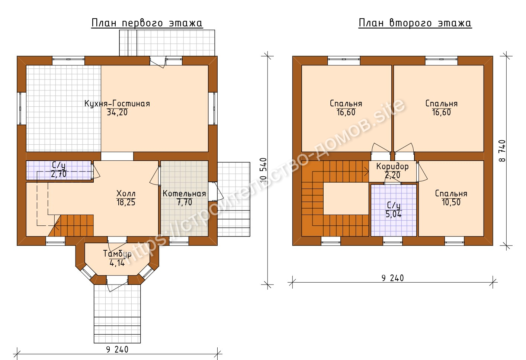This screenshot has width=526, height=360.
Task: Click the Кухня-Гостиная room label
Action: [117, 103]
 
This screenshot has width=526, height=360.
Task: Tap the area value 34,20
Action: [117, 112]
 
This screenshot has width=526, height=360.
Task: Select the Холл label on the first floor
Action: [126, 193]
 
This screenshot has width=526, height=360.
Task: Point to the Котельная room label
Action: [185, 193]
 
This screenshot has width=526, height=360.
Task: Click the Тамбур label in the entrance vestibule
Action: [117, 254]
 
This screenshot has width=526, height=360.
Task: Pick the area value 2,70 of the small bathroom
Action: [58, 174]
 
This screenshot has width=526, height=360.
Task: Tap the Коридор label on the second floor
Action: [392, 167]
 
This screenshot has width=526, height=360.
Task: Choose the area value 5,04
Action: [394, 214]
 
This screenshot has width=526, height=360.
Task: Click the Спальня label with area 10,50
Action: [451, 193]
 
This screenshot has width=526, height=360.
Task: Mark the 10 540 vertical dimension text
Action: [264, 170]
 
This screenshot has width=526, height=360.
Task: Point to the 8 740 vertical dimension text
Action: [503, 151]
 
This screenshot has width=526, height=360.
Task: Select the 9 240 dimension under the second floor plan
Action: [392, 278]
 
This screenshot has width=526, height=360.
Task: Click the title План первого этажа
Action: [147, 23]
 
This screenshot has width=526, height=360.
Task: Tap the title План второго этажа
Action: [415, 23]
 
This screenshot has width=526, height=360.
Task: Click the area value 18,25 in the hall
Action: [126, 202]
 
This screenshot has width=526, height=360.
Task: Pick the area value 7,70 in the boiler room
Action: [185, 202]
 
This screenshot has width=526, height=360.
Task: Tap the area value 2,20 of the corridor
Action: [392, 175]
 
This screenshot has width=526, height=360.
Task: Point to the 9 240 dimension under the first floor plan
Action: [117, 350]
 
